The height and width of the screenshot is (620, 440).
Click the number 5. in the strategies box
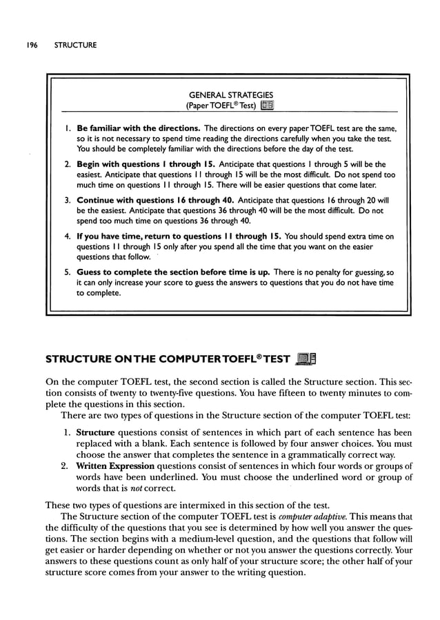[67, 272]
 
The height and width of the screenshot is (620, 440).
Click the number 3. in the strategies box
[67, 201]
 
